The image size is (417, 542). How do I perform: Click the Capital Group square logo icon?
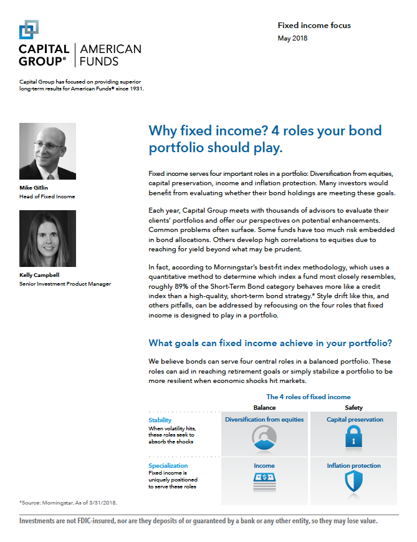(x=29, y=29)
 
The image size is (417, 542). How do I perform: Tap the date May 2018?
(x=292, y=38)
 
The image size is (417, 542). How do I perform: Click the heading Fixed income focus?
(x=314, y=26)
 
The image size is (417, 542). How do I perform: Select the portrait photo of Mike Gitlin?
(x=48, y=151)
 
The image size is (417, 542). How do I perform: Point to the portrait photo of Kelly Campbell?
(x=48, y=239)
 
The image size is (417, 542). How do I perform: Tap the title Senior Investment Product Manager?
(x=65, y=284)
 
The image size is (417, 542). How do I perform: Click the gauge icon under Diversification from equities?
(x=264, y=439)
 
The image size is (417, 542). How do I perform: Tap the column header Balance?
(x=265, y=407)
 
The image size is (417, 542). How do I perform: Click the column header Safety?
(x=354, y=407)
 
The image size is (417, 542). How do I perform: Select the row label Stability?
(x=160, y=420)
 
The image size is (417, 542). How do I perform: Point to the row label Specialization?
(x=168, y=465)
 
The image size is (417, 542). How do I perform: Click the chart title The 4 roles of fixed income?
(x=308, y=397)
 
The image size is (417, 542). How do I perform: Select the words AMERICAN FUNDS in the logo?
(x=112, y=55)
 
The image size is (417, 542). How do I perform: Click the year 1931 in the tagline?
(x=135, y=89)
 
